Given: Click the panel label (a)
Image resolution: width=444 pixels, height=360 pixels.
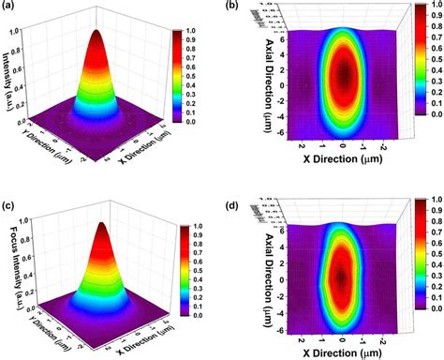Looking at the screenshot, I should coord(10,8).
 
